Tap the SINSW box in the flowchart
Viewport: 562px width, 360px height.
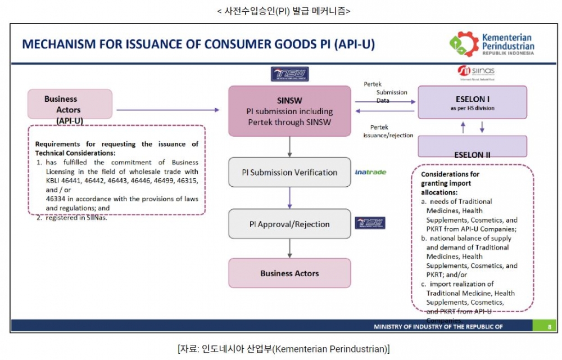coord(289,111)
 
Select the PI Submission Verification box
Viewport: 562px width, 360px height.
coord(289,172)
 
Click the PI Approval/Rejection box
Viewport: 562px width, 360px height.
coord(289,224)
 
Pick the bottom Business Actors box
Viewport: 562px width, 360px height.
coord(289,273)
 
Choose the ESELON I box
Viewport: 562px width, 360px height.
coord(472,102)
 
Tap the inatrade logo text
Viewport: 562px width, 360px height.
coord(370,172)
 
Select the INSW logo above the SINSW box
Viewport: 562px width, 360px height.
coord(289,74)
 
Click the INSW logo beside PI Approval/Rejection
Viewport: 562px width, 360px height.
coord(370,223)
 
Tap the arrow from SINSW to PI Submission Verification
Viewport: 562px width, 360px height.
coord(289,146)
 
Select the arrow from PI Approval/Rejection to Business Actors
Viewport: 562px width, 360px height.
coord(289,248)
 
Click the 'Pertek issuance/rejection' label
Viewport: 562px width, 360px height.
coord(388,131)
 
